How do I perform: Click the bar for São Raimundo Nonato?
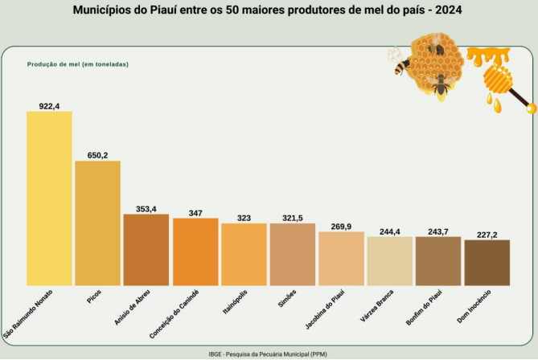tap(49, 198)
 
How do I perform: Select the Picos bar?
tap(97, 223)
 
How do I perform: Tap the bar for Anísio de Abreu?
tap(146, 250)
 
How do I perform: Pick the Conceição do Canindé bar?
tap(195, 252)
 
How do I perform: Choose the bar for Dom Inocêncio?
tap(487, 262)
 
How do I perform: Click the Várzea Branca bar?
tap(390, 260)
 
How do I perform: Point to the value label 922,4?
tap(49, 105)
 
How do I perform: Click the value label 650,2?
tap(97, 155)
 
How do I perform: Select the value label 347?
tap(195, 213)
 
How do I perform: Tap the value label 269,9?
tap(342, 227)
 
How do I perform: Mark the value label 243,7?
tap(439, 231)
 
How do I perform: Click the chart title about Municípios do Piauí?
tap(268, 12)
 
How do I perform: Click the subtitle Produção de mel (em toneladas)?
tap(78, 63)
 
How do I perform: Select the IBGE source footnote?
tap(268, 354)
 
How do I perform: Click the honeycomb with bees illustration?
tap(429, 64)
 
